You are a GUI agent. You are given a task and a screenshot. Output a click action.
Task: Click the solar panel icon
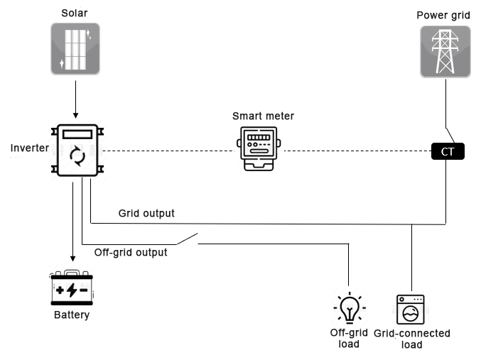[x=75, y=48]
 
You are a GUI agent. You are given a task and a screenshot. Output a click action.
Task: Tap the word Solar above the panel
[x=75, y=13]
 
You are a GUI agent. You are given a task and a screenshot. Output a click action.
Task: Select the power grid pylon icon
[x=445, y=51]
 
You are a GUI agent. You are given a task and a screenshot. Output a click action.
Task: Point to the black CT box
[x=448, y=151]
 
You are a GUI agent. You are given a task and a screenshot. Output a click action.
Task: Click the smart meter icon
[x=258, y=149]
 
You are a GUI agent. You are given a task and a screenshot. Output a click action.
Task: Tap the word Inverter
[x=28, y=148]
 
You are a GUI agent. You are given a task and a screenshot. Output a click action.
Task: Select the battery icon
[x=72, y=288]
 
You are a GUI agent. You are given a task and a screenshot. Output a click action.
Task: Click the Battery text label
[x=72, y=315]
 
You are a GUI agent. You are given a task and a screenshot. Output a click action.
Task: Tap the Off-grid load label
[x=349, y=338]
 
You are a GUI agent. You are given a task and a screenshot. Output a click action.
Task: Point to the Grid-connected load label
[x=412, y=339]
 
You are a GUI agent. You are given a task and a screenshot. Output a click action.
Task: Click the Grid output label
[x=146, y=213]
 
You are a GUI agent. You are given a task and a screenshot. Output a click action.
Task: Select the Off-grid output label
[x=131, y=252]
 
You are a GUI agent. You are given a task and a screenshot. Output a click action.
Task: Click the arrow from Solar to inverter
[x=75, y=99]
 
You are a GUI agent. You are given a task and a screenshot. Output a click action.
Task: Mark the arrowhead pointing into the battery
[x=72, y=259]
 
